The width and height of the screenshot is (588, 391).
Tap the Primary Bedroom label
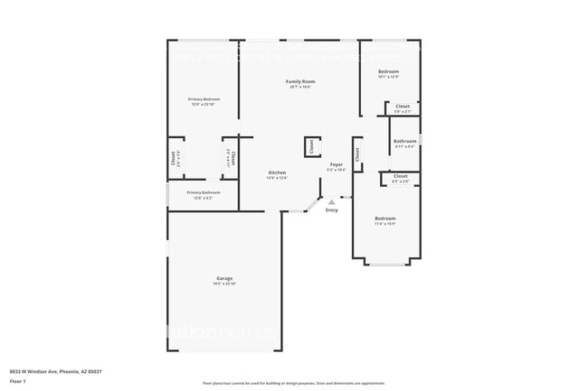(204, 99)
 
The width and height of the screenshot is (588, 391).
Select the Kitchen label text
(277, 172)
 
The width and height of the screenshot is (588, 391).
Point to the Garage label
(224, 278)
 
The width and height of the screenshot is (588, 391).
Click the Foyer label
(336, 164)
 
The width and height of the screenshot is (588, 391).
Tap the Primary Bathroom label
(204, 192)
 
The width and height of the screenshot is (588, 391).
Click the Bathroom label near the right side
(404, 141)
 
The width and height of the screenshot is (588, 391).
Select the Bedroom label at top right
(388, 71)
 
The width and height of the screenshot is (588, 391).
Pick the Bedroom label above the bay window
(385, 219)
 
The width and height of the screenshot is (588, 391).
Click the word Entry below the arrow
(331, 209)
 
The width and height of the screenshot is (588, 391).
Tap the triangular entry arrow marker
(331, 201)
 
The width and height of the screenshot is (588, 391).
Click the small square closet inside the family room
(310, 146)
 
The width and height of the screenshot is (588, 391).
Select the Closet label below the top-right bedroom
(403, 107)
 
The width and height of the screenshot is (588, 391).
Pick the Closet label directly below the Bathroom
(401, 176)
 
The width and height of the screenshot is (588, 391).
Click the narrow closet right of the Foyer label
(357, 154)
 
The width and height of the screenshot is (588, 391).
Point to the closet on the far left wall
(175, 159)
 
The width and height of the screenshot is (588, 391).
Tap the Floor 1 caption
(18, 380)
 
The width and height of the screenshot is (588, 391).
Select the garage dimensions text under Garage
(224, 284)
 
